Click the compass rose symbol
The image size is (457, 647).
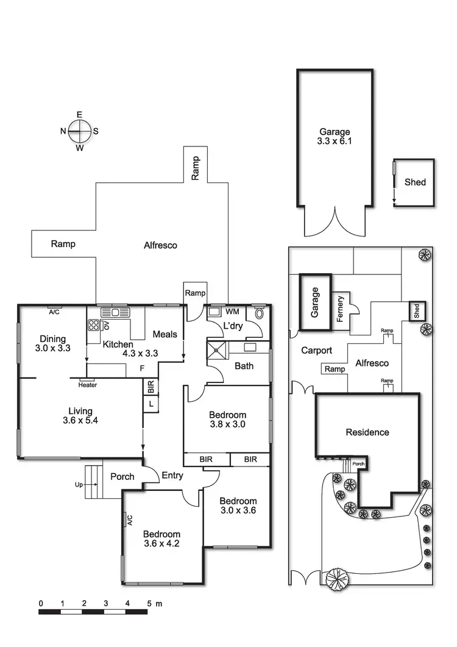tap(79, 130)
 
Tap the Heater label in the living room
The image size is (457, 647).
tap(88, 384)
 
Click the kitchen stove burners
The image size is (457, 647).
tap(93, 324)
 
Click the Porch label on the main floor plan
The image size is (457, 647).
tap(122, 476)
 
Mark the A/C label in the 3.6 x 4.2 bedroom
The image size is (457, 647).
tap(129, 520)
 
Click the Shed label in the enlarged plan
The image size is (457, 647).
tap(415, 182)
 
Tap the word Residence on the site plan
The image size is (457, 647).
tap(367, 432)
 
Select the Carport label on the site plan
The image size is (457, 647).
tap(317, 351)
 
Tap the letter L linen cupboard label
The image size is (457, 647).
tap(151, 403)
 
